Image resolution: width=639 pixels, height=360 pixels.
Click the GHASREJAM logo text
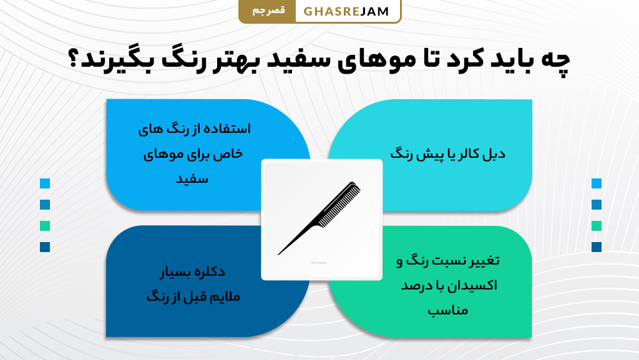[x=346, y=12]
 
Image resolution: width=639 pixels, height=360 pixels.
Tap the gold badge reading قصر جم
[x=266, y=12]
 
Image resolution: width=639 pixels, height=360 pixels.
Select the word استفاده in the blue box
[x=227, y=130]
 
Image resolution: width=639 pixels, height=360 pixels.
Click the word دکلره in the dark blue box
[x=212, y=272]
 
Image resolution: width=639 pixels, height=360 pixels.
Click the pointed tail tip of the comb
[x=279, y=254]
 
